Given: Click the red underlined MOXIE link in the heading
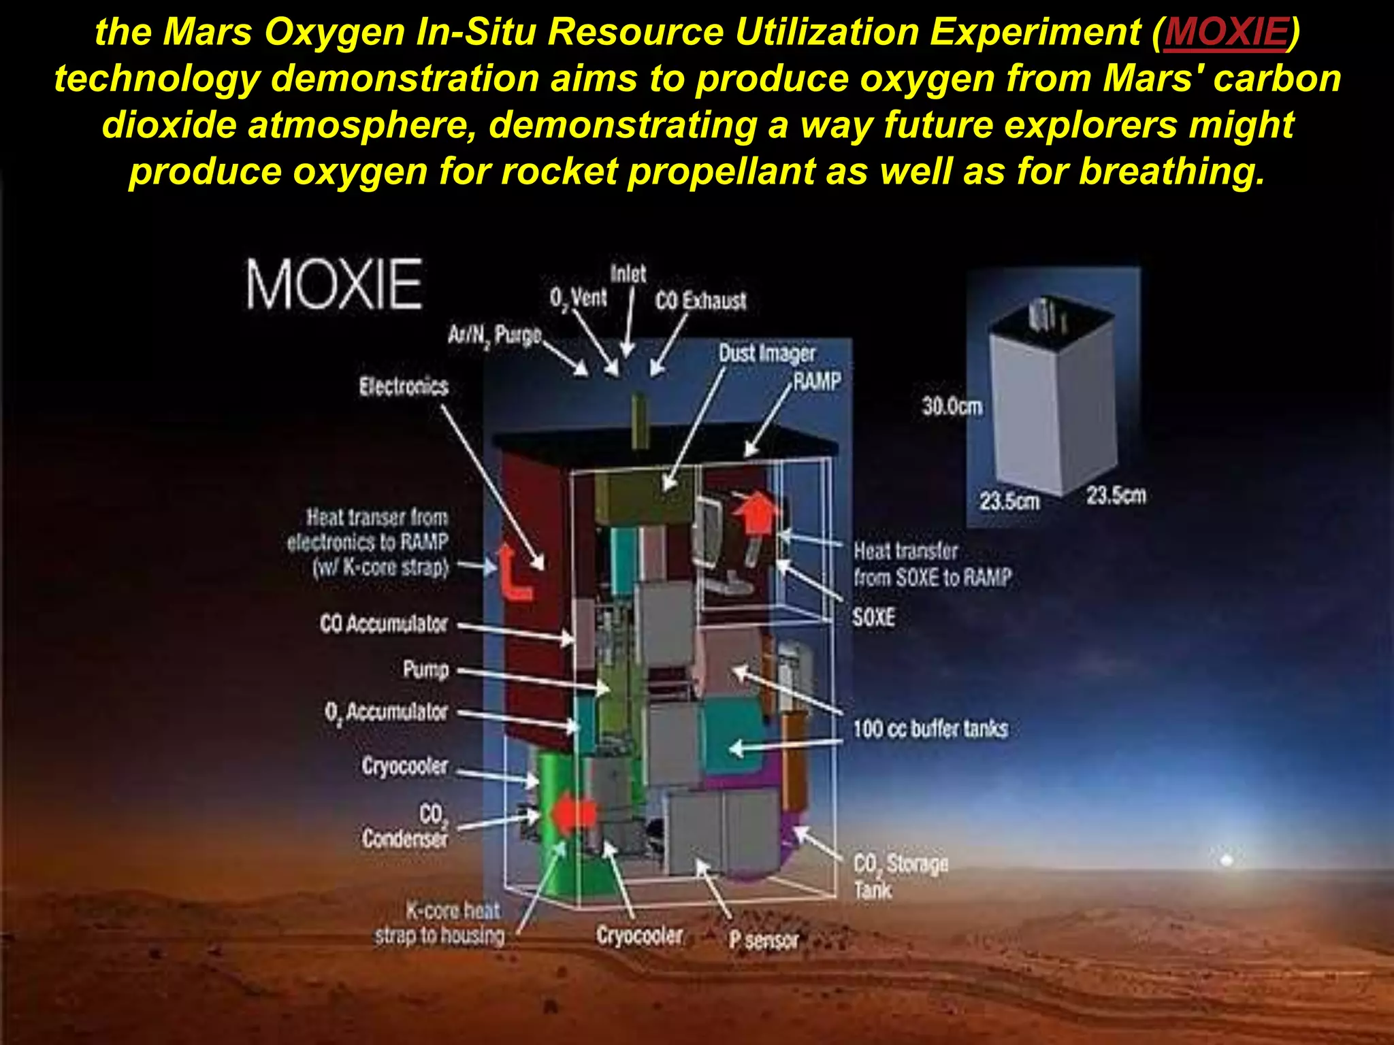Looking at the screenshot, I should point(1226,33).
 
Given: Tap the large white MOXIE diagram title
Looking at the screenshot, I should point(334,284).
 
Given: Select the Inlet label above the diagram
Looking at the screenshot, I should point(628,274).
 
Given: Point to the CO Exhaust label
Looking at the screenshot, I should point(700,301).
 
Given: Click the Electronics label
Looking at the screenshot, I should point(404,387).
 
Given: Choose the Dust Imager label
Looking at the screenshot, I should point(767,353).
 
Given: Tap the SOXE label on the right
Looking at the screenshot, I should point(873,618).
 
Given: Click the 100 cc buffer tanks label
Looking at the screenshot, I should point(930,729).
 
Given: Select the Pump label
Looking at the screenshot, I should point(426,670).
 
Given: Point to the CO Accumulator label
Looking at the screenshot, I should point(384,624).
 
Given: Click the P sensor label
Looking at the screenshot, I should point(764,940).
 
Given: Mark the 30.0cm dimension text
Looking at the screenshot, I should point(952,407).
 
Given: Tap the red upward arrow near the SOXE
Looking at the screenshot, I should point(756,512).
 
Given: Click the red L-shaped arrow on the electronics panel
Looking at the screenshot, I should point(513,575).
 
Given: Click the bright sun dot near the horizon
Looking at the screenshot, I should point(1227,861).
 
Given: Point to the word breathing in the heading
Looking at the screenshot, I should point(1171,171).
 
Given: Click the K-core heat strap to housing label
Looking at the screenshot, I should point(440,924).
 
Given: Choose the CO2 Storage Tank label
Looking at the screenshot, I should point(901,877).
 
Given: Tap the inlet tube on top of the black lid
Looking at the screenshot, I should point(640,420).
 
